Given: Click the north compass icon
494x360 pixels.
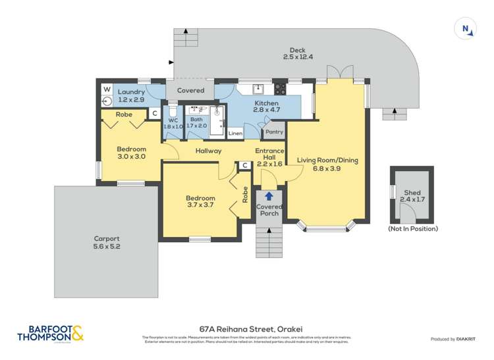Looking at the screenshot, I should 466,28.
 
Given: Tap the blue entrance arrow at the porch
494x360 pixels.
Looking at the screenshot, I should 268,195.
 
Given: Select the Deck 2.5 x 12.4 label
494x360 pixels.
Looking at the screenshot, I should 298,53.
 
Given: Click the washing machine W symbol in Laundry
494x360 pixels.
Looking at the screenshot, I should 107,89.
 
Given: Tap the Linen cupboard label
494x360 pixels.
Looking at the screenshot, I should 235,134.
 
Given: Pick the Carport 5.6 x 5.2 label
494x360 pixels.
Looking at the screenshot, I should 106,242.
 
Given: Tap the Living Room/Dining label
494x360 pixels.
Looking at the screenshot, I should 327,164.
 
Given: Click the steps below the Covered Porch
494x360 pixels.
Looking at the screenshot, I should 268,241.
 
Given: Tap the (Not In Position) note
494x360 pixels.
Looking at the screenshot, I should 412,228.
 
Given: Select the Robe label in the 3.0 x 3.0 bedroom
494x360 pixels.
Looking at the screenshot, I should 124,115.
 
